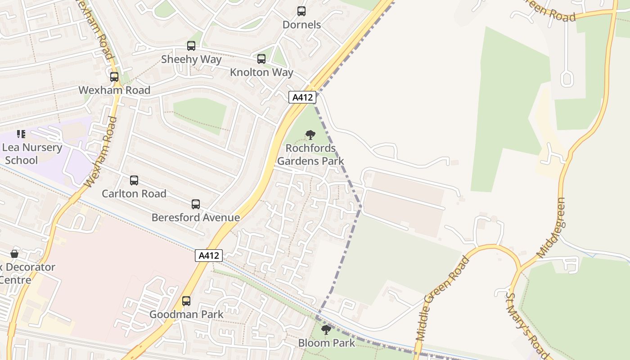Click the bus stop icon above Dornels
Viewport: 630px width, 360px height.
click(x=301, y=11)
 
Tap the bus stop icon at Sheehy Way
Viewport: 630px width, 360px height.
click(x=191, y=46)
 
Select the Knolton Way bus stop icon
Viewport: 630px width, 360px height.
click(x=261, y=59)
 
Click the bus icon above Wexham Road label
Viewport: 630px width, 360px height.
click(x=114, y=77)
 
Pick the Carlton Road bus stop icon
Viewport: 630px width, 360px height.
click(x=134, y=180)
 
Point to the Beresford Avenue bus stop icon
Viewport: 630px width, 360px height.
click(x=196, y=204)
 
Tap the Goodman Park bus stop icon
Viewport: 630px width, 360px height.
click(x=186, y=301)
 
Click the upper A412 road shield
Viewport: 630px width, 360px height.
click(x=302, y=97)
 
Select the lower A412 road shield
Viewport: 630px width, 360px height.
click(x=209, y=256)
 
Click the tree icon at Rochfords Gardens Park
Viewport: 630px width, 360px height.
click(x=310, y=135)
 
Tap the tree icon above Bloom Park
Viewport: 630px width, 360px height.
click(x=326, y=330)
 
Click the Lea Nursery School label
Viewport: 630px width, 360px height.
click(x=31, y=154)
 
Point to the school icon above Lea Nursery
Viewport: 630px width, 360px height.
click(x=21, y=134)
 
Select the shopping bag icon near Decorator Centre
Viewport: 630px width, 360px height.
click(x=14, y=254)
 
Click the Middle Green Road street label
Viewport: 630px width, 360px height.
click(x=443, y=298)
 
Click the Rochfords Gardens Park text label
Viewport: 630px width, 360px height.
click(x=310, y=154)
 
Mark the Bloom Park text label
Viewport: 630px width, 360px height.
click(x=326, y=343)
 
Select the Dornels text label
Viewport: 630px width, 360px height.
click(x=301, y=25)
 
